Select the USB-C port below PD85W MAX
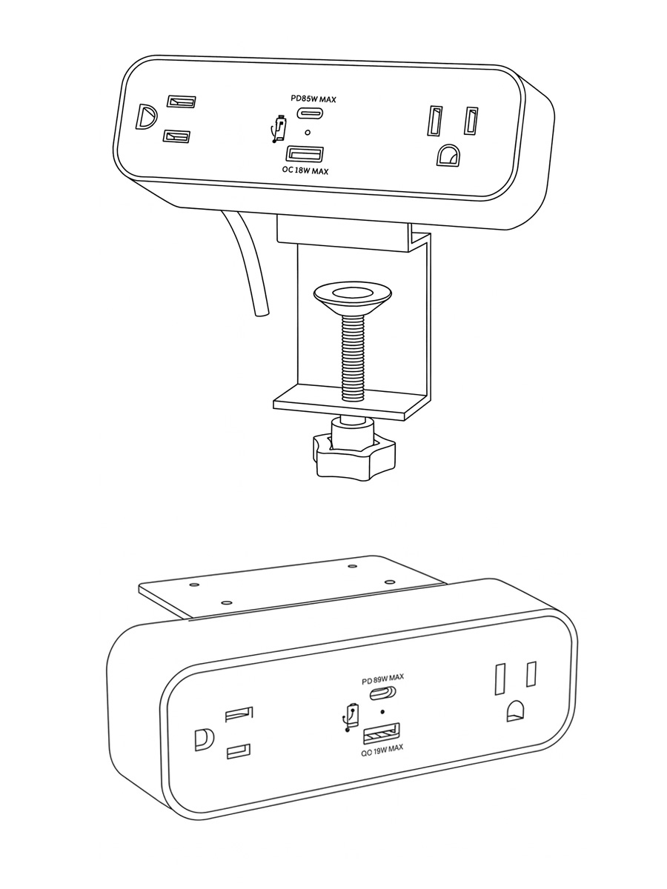[x=308, y=113]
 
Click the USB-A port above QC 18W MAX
[x=305, y=154]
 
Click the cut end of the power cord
[x=260, y=314]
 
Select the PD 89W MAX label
[x=382, y=679]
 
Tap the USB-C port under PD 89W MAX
[x=382, y=693]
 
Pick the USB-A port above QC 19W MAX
[x=382, y=733]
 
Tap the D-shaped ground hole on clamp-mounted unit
[x=146, y=117]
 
